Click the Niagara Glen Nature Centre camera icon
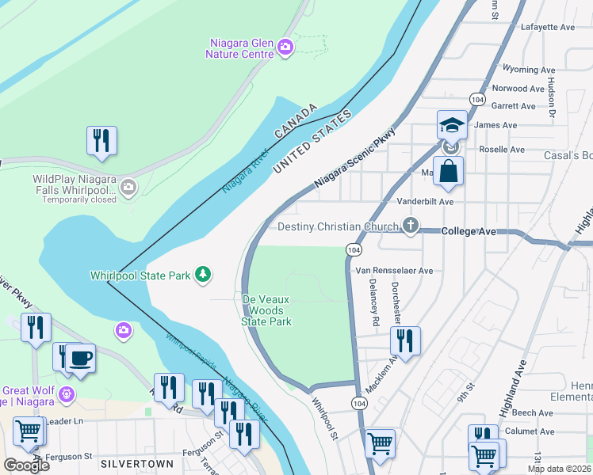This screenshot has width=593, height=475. (285, 48)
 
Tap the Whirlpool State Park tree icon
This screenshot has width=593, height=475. (205, 275)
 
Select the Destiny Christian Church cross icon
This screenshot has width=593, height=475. (410, 226)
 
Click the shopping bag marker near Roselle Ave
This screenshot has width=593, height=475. (448, 171)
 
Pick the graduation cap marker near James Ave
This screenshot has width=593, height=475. (451, 125)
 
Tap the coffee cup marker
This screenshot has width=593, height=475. (80, 359)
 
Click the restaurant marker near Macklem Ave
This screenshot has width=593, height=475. (405, 341)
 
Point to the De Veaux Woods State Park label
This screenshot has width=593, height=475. (266, 310)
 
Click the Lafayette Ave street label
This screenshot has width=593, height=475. (548, 27)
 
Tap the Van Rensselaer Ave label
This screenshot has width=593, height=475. (394, 271)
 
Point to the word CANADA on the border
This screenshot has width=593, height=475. (296, 121)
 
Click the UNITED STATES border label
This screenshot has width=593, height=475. (311, 143)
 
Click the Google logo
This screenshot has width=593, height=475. (25, 465)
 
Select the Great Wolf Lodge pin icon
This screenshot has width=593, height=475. (67, 393)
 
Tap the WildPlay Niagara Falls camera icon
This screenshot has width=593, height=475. (128, 188)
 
